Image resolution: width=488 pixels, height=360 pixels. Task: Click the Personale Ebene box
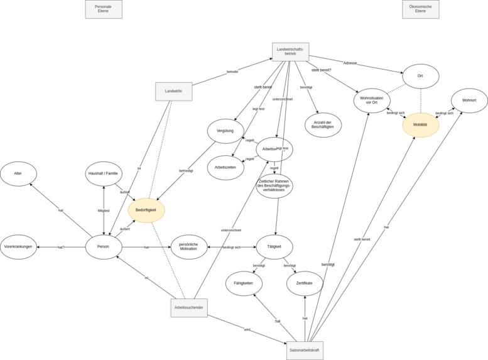pyautogui.click(x=121, y=9)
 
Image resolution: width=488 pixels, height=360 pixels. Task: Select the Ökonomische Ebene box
pyautogui.click(x=420, y=9)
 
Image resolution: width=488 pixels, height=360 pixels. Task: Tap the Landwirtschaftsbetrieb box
pyautogui.click(x=290, y=52)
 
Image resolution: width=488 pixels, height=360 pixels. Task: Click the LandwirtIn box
pyautogui.click(x=174, y=92)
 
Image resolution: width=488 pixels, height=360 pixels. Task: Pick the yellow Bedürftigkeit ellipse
pyautogui.click(x=146, y=210)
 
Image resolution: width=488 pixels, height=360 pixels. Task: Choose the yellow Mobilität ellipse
pyautogui.click(x=420, y=125)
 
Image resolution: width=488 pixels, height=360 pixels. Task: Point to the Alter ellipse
pyautogui.click(x=18, y=173)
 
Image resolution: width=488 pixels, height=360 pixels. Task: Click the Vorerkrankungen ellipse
pyautogui.click(x=19, y=247)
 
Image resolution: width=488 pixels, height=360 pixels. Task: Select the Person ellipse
pyautogui.click(x=104, y=247)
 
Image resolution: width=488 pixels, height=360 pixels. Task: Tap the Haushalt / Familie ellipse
pyautogui.click(x=104, y=173)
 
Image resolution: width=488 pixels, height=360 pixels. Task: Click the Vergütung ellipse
pyautogui.click(x=225, y=131)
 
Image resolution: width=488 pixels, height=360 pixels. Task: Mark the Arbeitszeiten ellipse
pyautogui.click(x=225, y=168)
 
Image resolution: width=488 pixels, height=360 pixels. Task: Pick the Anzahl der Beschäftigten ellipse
pyautogui.click(x=323, y=125)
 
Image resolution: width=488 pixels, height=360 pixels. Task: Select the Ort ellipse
pyautogui.click(x=420, y=76)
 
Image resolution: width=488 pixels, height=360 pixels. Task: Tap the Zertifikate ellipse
pyautogui.click(x=305, y=283)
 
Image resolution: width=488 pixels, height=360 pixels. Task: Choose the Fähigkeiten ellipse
pyautogui.click(x=244, y=283)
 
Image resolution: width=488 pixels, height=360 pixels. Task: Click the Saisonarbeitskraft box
pyautogui.click(x=305, y=350)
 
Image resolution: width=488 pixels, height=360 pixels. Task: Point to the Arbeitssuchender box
pyautogui.click(x=189, y=308)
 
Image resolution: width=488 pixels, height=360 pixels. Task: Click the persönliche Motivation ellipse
pyautogui.click(x=188, y=247)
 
